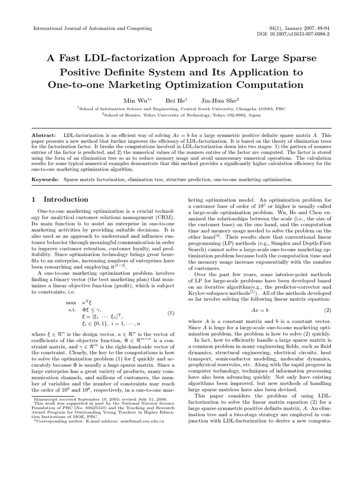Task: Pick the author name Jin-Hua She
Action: tap(219, 100)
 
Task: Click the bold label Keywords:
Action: tap(45, 180)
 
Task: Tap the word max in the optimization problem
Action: tap(71, 303)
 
